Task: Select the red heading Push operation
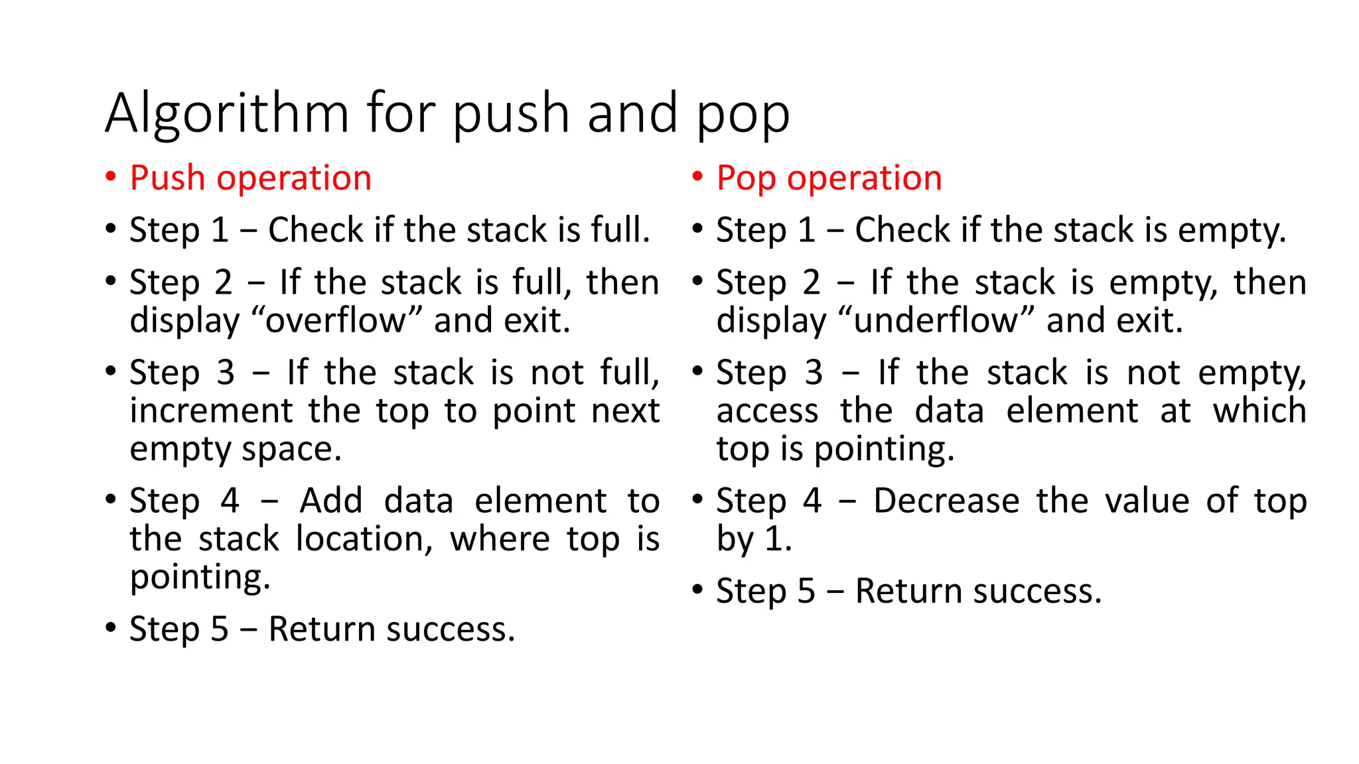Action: pos(250,178)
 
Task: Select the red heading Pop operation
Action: pos(829,178)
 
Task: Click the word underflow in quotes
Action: pos(936,320)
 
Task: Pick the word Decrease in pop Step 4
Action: pos(946,501)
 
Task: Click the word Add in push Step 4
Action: pos(330,501)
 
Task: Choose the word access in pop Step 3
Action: pos(767,411)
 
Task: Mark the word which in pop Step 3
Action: pos(1259,411)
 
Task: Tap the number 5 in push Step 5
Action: pos(219,629)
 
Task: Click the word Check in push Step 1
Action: pos(316,230)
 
